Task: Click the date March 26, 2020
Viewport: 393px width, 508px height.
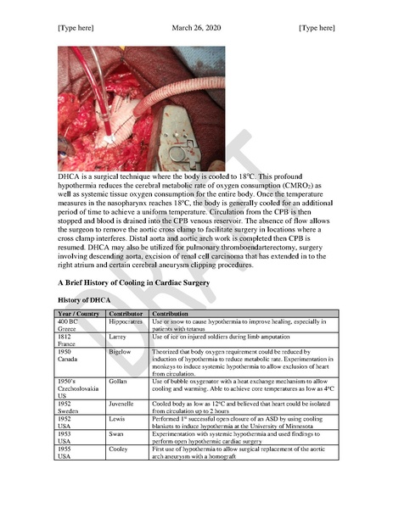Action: coord(196,28)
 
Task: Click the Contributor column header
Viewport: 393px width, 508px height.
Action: coord(125,314)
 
